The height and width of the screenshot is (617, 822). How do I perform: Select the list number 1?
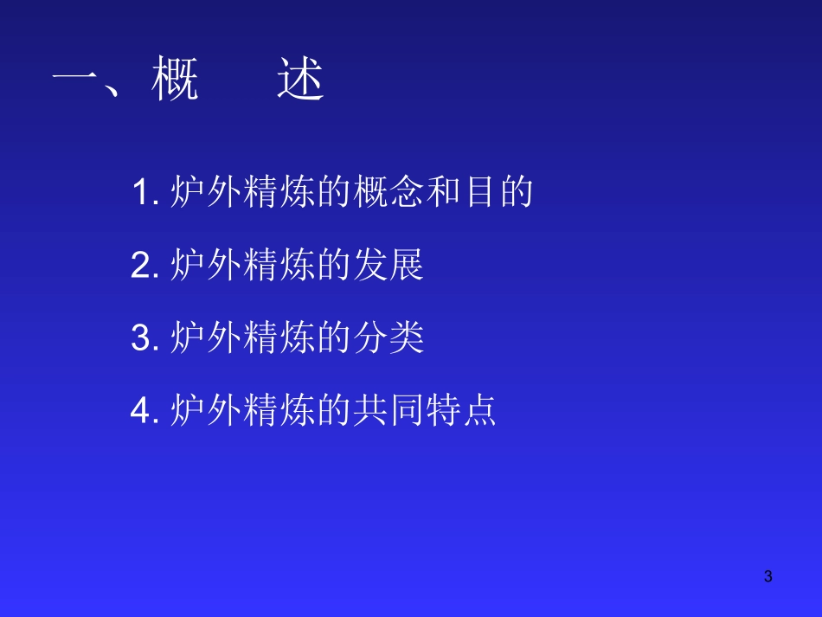tap(141, 192)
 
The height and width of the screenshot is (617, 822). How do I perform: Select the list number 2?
tap(141, 266)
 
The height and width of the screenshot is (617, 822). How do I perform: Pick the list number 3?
tap(141, 338)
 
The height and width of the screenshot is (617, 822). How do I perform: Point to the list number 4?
tap(141, 411)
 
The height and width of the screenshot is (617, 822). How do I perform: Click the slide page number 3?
tap(767, 576)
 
